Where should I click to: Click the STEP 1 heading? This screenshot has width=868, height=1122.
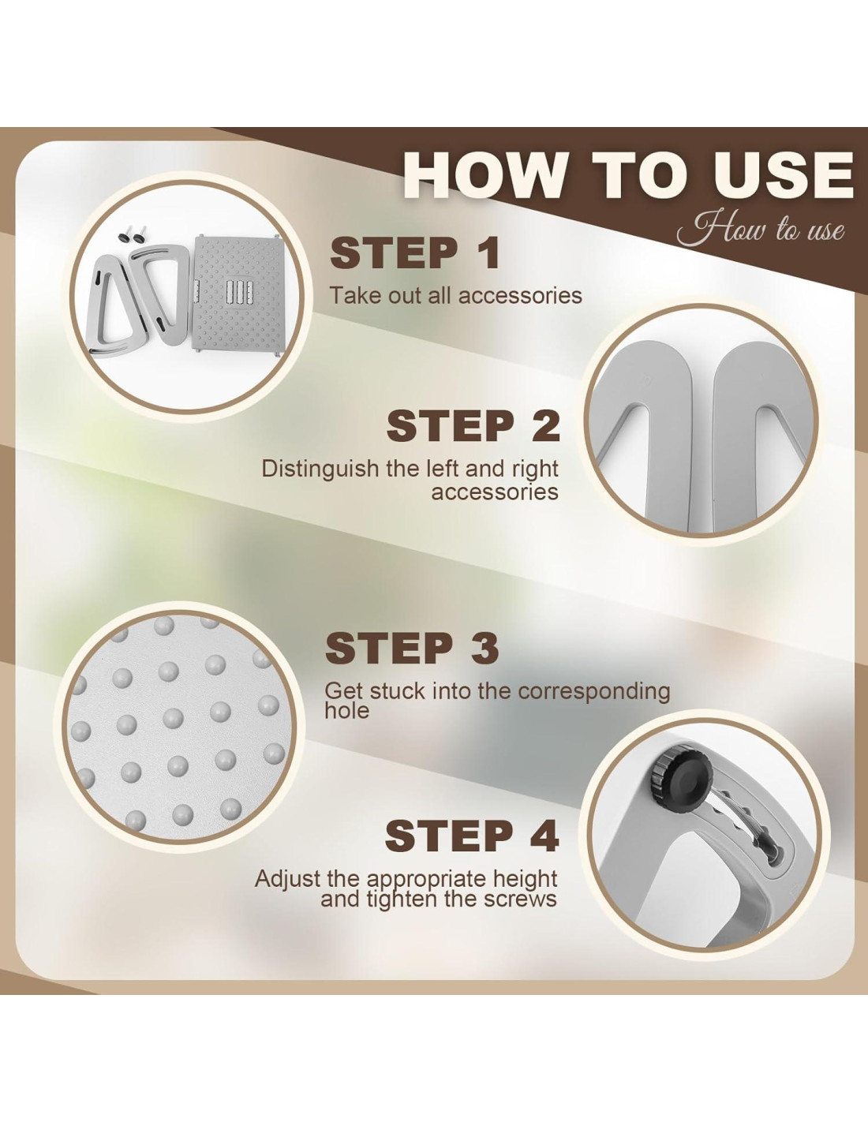tap(414, 253)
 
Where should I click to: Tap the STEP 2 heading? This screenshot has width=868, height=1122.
tap(473, 425)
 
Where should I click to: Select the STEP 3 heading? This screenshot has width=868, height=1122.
tap(412, 649)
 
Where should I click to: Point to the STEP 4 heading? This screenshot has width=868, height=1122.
tap(472, 836)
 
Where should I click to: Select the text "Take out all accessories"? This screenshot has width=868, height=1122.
tap(456, 296)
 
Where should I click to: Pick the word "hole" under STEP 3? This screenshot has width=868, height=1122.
tap(347, 711)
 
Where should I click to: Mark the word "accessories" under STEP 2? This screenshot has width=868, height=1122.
tap(496, 493)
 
